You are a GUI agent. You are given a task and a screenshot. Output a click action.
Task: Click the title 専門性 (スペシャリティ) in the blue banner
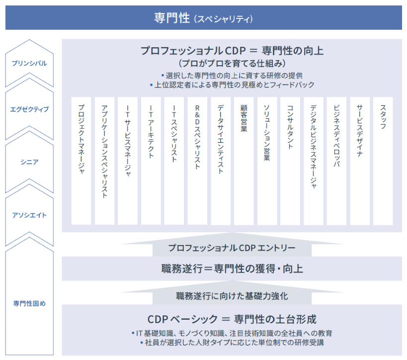click(x=203, y=18)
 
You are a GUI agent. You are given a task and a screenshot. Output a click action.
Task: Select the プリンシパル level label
click(x=29, y=63)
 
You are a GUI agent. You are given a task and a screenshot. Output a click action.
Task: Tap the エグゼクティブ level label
click(x=29, y=109)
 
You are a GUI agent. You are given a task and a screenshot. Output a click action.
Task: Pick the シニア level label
click(x=29, y=162)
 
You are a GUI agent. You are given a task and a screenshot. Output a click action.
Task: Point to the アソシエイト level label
click(x=29, y=215)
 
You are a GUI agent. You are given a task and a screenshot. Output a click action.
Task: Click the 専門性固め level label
click(x=29, y=303)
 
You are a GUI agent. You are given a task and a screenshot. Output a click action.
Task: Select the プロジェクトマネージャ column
click(x=81, y=161)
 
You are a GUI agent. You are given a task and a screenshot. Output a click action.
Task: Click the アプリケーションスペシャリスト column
click(x=104, y=161)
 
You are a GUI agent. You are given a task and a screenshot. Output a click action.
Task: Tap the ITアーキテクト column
click(x=151, y=161)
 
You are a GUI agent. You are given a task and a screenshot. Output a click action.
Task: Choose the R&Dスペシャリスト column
click(x=197, y=161)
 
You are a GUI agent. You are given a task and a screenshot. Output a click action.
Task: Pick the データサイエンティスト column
click(x=221, y=161)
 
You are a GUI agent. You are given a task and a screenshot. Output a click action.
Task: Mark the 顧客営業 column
click(x=244, y=161)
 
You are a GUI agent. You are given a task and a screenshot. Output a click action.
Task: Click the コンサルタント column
click(x=290, y=161)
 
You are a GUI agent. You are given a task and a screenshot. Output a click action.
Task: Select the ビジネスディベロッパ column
click(x=336, y=161)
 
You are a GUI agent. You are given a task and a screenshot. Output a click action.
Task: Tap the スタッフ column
click(x=383, y=161)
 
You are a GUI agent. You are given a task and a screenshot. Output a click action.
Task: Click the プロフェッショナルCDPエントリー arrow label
click(x=232, y=248)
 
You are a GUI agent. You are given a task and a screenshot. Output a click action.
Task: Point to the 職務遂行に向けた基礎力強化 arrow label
click(x=232, y=296)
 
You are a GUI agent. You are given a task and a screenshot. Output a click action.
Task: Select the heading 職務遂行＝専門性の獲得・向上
click(x=232, y=269)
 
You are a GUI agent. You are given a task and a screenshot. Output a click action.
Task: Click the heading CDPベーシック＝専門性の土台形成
click(x=232, y=319)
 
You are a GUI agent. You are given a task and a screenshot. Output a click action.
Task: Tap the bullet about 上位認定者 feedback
click(x=232, y=85)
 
